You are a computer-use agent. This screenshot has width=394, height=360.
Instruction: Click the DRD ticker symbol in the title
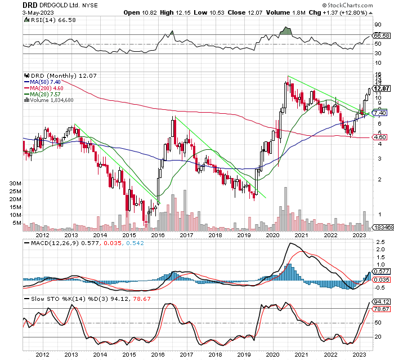click(30, 5)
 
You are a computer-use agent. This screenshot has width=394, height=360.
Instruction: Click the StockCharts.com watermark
click(347, 5)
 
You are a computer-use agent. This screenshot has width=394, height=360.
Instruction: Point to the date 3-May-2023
click(38, 12)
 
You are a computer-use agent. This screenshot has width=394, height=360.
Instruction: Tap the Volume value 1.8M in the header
click(299, 12)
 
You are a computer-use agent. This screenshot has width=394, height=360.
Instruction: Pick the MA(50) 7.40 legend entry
click(42, 82)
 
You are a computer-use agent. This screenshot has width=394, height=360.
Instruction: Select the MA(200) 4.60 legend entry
click(44, 88)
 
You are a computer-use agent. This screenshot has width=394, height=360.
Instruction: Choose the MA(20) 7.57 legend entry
click(42, 94)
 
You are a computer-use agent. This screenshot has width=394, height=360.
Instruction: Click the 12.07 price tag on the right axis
click(382, 88)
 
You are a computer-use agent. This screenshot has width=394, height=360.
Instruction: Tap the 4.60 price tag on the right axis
click(380, 137)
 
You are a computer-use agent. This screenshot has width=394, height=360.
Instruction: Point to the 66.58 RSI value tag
click(382, 35)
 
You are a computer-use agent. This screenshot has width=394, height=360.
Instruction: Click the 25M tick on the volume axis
click(15, 192)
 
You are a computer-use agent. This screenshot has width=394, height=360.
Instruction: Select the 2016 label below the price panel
click(158, 235)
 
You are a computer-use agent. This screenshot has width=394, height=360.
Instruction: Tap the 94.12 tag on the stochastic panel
click(382, 301)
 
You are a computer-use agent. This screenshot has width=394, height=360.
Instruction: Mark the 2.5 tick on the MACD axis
click(380, 242)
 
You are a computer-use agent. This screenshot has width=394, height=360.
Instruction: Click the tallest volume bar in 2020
click(285, 209)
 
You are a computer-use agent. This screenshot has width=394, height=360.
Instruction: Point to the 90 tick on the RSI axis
click(378, 25)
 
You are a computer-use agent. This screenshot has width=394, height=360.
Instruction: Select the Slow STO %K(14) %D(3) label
click(67, 299)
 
